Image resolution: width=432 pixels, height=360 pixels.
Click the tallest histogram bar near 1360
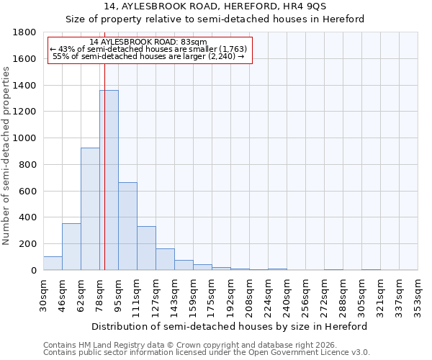point(109,180)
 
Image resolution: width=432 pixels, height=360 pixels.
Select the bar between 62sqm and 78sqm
point(90,209)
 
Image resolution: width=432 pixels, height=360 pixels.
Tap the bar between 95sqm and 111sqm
point(127,226)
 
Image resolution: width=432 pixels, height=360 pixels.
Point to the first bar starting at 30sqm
point(53,264)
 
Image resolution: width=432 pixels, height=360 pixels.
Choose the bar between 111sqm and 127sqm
point(146,248)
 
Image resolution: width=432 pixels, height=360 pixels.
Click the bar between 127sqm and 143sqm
point(165,259)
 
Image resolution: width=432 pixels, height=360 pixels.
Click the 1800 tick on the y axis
point(26,32)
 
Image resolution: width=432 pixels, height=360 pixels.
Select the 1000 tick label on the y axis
point(26,138)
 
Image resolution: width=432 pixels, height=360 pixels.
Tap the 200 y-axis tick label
point(29,244)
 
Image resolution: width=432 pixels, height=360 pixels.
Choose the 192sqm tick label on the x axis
point(231,293)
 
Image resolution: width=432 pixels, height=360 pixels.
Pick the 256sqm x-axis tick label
point(306,293)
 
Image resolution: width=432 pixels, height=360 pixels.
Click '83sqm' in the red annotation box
point(194,42)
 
